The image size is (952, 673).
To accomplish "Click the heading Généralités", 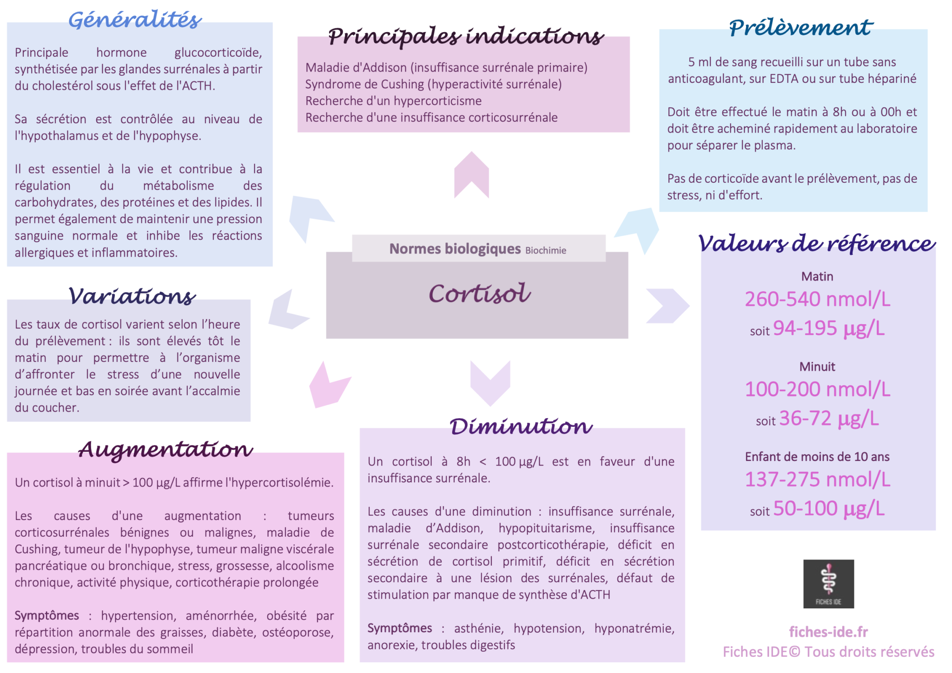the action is [x=135, y=20].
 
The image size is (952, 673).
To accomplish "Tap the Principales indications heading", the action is [x=466, y=36].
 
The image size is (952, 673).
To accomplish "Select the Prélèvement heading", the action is [x=801, y=27].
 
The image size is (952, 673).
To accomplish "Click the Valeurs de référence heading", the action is [x=817, y=243].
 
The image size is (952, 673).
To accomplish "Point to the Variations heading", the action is [x=132, y=296].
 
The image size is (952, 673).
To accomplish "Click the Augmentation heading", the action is [x=165, y=449].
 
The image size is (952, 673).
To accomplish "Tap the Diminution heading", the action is [x=521, y=426].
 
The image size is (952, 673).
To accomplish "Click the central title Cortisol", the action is [x=479, y=293].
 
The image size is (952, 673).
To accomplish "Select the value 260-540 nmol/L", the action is [x=818, y=299].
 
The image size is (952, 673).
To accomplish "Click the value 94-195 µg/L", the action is [x=829, y=328].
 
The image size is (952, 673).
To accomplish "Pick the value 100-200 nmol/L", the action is [x=818, y=389].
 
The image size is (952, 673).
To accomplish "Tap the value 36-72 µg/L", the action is [x=829, y=419].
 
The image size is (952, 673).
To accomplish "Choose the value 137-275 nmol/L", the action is [x=818, y=480].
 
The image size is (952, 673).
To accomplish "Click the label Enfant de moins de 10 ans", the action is [x=817, y=457].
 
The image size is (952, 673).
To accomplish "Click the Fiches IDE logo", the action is [x=828, y=584].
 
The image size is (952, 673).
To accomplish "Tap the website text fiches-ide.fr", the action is [x=828, y=632].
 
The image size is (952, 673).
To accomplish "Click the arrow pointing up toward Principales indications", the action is [x=471, y=175].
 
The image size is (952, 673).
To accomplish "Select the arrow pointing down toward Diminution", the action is [x=490, y=383].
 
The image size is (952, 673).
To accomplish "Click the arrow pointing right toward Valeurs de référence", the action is [x=668, y=306].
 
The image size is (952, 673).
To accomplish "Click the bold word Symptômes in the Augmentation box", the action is [x=47, y=616].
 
